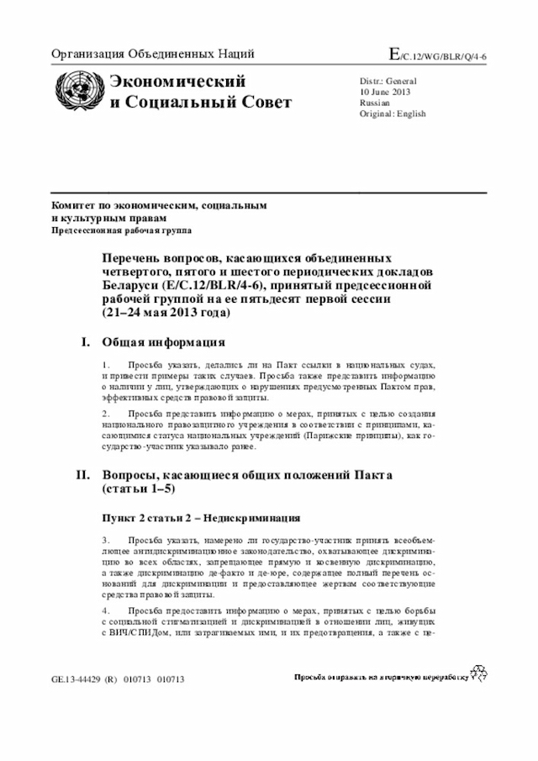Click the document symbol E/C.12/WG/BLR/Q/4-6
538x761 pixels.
coord(437,55)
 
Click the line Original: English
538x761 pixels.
coord(393,114)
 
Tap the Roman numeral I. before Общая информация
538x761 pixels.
coord(84,342)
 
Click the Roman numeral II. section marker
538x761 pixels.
coord(82,475)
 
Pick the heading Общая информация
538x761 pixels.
coord(163,342)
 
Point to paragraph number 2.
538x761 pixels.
coord(105,414)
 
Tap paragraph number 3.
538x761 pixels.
coord(105,539)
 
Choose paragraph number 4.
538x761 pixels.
coord(105,610)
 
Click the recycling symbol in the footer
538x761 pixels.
coord(479,672)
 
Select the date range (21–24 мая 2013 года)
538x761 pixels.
coord(166,313)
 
